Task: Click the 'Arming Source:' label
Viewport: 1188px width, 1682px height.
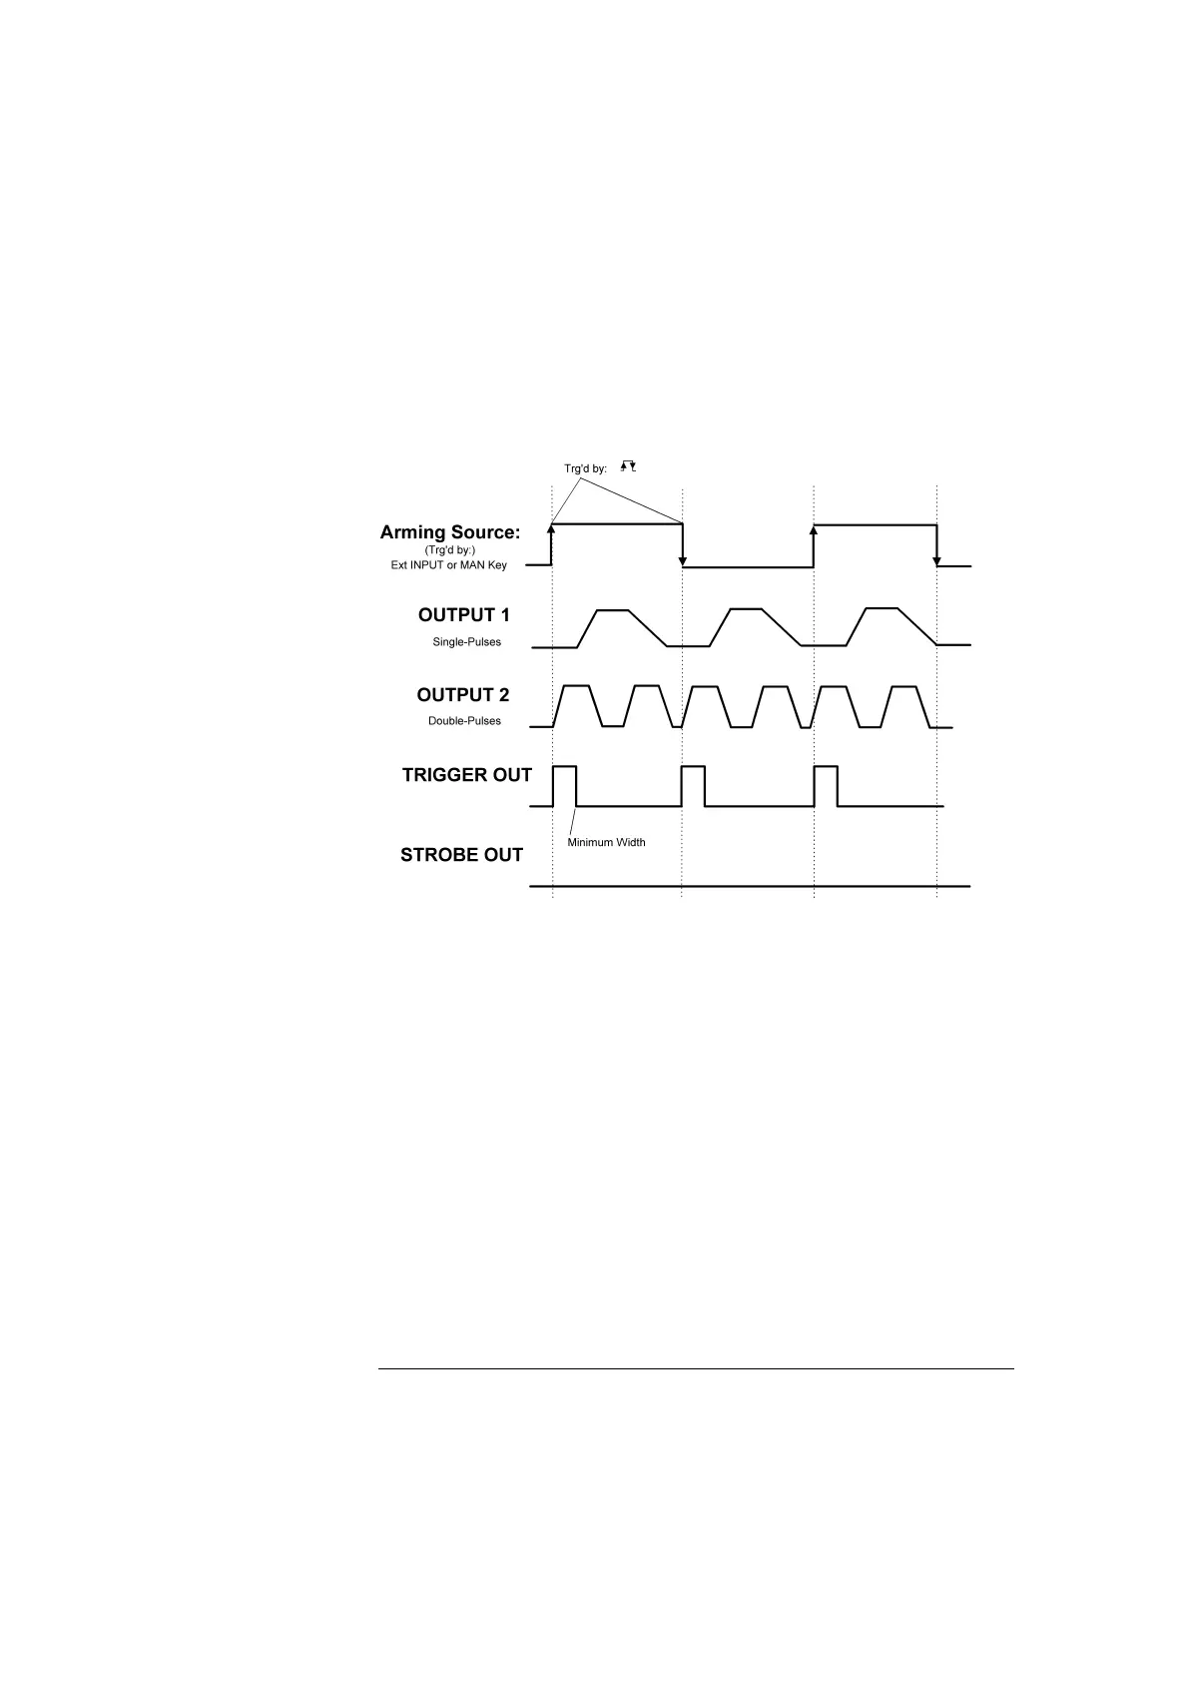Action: [x=450, y=532]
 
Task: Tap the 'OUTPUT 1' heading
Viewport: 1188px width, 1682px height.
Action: [x=463, y=615]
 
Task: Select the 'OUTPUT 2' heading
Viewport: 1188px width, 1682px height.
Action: [x=463, y=695]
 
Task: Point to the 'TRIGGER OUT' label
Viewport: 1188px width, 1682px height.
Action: [x=466, y=775]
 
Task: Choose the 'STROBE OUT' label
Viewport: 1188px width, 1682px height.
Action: [x=461, y=855]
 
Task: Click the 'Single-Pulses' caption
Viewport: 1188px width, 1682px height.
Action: [x=466, y=641]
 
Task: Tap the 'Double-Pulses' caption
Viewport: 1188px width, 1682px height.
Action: [x=464, y=720]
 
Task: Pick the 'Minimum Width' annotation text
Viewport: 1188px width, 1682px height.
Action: [x=606, y=842]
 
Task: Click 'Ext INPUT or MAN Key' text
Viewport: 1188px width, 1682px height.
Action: [x=448, y=565]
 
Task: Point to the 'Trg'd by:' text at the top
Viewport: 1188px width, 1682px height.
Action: [x=585, y=468]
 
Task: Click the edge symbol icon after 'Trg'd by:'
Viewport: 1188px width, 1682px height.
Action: [x=629, y=465]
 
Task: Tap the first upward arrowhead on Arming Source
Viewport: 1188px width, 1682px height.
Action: [x=551, y=529]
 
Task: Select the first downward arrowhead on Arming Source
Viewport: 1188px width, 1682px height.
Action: [x=682, y=561]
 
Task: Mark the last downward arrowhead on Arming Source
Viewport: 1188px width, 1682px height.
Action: [x=936, y=560]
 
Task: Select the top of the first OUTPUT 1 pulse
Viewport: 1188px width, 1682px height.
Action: [x=612, y=609]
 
